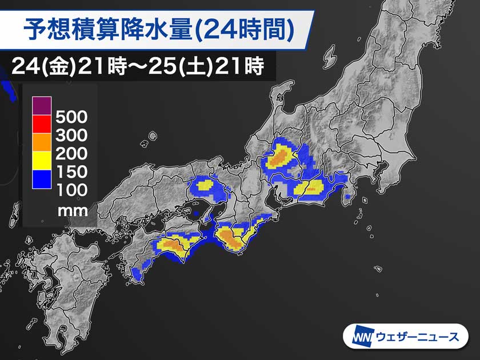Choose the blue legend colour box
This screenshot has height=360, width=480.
tap(42, 178)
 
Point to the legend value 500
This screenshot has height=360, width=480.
tap(71, 118)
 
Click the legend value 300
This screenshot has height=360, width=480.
tap(71, 136)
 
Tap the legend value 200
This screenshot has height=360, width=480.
tap(71, 154)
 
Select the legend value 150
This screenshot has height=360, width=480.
tap(71, 171)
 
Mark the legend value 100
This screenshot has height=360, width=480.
tap(71, 189)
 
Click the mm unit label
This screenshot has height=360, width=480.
tap(73, 210)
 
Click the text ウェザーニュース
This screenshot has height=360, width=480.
tap(417, 337)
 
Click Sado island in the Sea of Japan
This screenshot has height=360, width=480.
tap(330, 56)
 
